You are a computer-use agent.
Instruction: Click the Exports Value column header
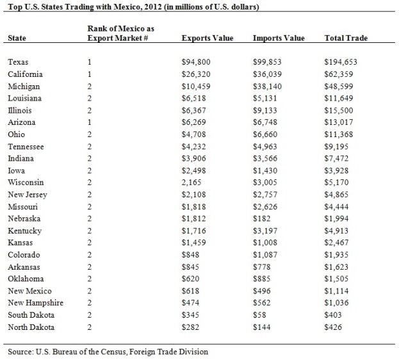(208, 38)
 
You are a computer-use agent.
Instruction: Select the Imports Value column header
(279, 38)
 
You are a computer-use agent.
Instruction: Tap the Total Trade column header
(346, 38)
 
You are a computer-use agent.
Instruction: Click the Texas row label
(19, 63)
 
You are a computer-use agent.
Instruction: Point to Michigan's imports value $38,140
(268, 86)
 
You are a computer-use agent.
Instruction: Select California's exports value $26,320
(196, 74)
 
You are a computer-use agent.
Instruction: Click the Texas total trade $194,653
(341, 63)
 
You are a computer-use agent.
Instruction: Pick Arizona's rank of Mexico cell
(90, 122)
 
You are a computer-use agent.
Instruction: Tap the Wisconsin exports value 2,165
(193, 183)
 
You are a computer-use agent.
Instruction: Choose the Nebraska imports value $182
(261, 218)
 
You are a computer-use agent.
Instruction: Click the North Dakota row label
(31, 327)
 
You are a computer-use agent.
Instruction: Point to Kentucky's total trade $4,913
(338, 231)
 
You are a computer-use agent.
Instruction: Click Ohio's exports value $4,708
(194, 135)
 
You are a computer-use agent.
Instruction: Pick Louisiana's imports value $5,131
(265, 99)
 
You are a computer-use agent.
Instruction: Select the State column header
(18, 38)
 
